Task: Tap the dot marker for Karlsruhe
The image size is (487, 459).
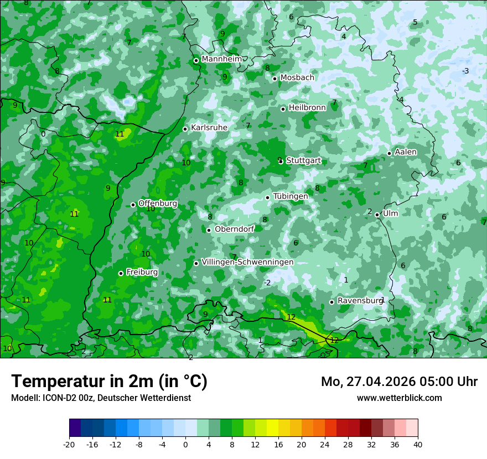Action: coord(185,129)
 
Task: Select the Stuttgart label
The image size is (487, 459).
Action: coord(303,160)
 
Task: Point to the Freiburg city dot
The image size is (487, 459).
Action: coord(121,273)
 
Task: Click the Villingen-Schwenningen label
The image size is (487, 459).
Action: coord(247,262)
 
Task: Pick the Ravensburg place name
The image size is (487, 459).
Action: coord(360,301)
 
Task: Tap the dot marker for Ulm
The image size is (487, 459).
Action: coord(377,215)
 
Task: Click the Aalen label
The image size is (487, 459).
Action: coord(406,152)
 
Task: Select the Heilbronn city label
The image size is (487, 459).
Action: coord(307,108)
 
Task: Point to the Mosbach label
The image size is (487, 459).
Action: coord(297,78)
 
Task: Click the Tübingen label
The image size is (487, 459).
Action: coord(291,197)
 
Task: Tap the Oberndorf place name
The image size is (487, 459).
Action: coord(234,229)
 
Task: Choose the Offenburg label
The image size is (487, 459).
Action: coord(158,204)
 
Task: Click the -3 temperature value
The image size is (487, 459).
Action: coord(465,71)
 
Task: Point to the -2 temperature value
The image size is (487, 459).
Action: coord(267,283)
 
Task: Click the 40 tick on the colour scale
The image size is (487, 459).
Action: coord(417,445)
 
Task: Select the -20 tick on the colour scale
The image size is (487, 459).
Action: coord(69,445)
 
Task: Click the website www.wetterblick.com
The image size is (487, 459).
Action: coord(399,398)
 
